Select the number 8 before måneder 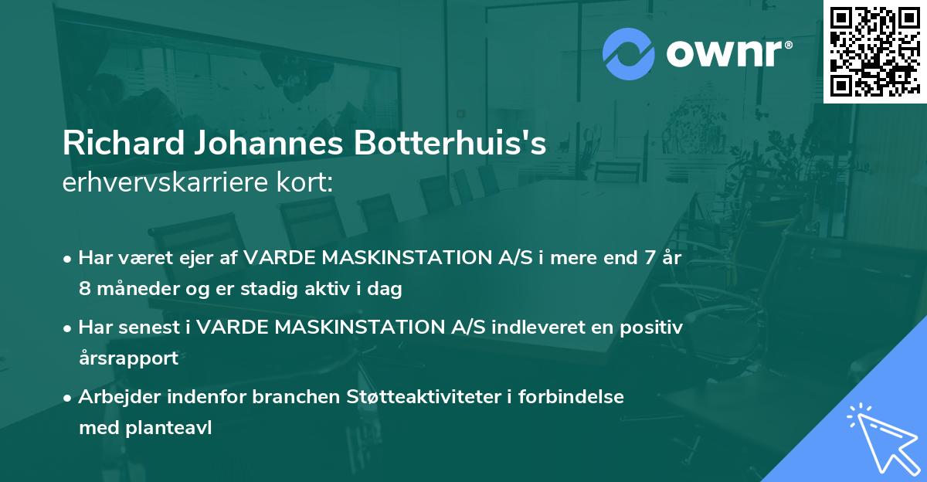click(x=84, y=290)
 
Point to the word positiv click(x=656, y=327)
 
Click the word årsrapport click(x=128, y=358)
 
